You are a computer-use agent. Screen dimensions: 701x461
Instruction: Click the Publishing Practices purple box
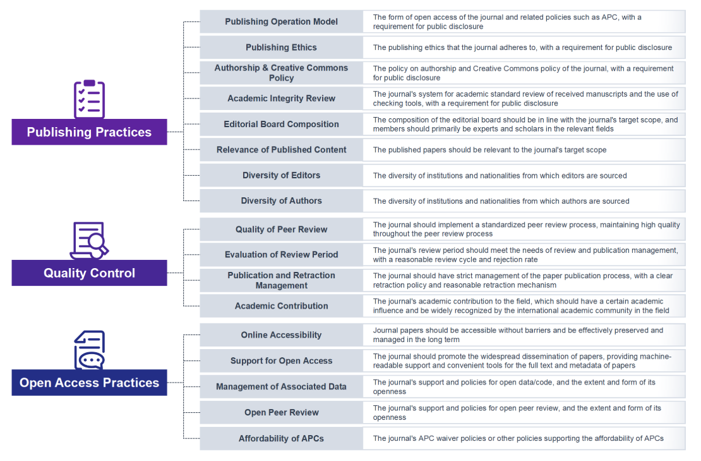[90, 132]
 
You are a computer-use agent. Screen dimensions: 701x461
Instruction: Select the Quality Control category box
[90, 273]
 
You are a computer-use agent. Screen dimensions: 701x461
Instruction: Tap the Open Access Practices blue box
[90, 383]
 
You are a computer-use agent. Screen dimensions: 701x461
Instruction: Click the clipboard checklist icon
[90, 99]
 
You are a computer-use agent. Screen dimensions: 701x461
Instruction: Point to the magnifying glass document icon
[90, 240]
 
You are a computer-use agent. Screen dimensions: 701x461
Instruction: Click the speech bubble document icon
[90, 350]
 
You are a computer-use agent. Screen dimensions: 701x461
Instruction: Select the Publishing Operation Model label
[281, 22]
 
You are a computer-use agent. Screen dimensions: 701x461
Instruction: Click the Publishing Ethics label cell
[281, 47]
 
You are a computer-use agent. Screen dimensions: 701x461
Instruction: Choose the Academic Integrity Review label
[281, 99]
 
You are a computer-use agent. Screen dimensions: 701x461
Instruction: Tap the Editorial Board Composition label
[281, 124]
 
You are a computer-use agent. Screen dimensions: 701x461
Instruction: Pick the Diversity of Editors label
[281, 175]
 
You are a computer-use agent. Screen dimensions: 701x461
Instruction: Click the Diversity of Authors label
[281, 201]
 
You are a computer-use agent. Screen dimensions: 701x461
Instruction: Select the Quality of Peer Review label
[281, 229]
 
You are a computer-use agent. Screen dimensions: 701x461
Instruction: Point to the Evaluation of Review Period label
[281, 255]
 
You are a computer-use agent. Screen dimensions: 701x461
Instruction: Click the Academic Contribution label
[281, 306]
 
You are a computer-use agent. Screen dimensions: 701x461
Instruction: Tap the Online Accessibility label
[281, 335]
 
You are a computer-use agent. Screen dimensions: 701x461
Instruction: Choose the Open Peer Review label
[281, 412]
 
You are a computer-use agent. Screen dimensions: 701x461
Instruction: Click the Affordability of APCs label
[281, 439]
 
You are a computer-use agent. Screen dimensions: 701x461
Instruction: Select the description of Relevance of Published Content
[489, 150]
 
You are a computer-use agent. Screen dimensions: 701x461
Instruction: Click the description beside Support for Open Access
[522, 360]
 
